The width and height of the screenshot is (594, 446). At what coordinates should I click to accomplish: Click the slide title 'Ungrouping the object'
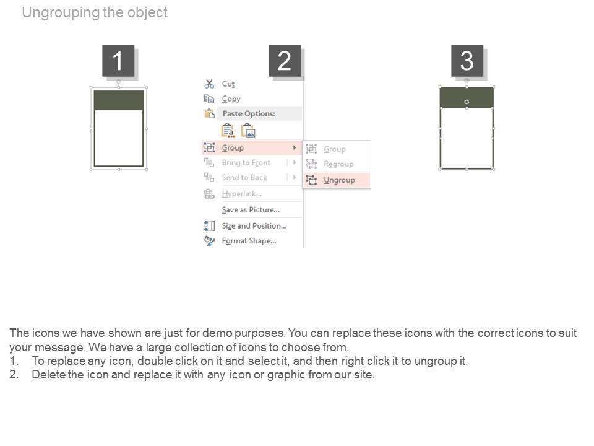click(x=95, y=12)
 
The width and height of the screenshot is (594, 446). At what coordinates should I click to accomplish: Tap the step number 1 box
click(x=118, y=61)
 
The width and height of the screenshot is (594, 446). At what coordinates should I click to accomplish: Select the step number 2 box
click(x=285, y=61)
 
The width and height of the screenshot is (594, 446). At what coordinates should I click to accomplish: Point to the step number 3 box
click(x=467, y=61)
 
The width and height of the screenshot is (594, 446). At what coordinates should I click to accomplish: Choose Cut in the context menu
click(x=228, y=84)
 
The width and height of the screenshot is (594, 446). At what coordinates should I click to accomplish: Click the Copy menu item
click(x=231, y=99)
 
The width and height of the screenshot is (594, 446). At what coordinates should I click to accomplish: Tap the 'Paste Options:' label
click(x=249, y=113)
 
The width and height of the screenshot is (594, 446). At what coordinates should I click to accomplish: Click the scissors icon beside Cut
click(x=209, y=84)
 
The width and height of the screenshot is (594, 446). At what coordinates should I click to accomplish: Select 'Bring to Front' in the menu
click(x=246, y=163)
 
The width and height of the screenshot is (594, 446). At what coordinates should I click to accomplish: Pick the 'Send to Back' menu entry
click(x=244, y=178)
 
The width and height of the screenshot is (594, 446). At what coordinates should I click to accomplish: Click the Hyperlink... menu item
click(x=242, y=194)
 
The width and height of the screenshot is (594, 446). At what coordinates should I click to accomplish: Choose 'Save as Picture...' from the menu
click(x=251, y=210)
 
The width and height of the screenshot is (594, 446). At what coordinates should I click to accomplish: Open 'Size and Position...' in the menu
click(x=254, y=225)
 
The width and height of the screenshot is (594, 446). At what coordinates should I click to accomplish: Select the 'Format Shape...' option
click(x=249, y=241)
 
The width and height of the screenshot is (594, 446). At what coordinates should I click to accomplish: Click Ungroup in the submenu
click(x=339, y=180)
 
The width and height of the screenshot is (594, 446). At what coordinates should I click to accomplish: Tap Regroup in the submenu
click(x=338, y=164)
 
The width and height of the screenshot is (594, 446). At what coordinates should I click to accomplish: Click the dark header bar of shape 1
click(x=119, y=100)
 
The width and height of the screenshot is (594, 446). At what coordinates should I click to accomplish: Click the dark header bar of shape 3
click(x=467, y=97)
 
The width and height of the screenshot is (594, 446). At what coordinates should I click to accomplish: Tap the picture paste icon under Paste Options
click(x=249, y=131)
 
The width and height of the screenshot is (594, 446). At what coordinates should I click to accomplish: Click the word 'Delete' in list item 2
click(x=49, y=375)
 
